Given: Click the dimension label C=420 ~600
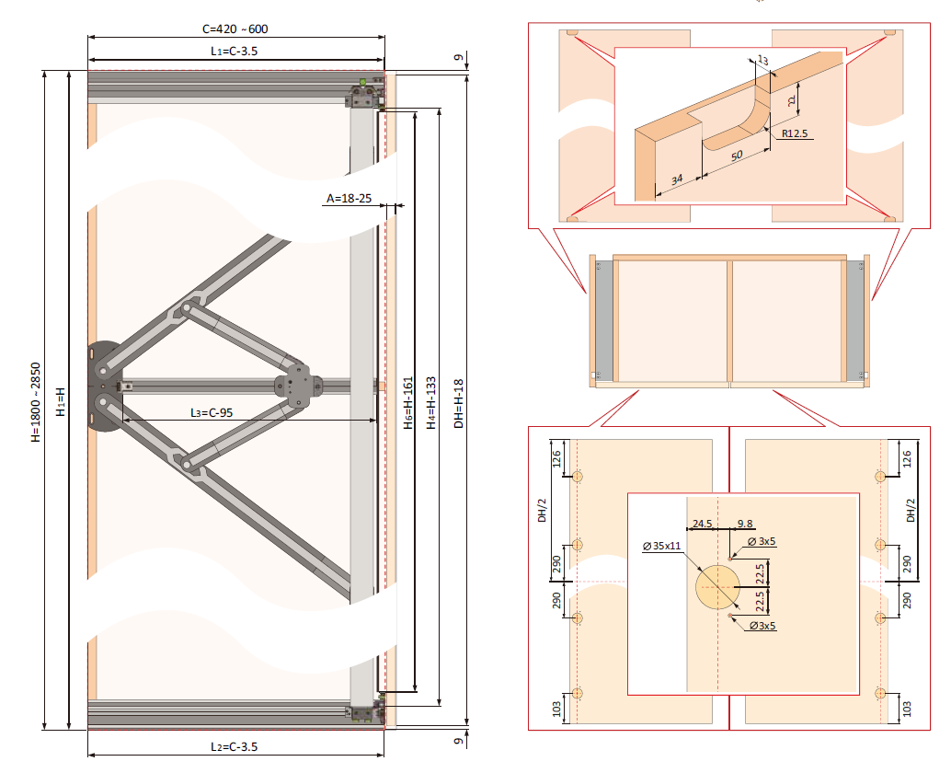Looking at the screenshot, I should (236, 29).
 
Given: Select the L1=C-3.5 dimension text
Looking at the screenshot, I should (235, 52).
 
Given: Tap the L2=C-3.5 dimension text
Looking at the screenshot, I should (235, 745).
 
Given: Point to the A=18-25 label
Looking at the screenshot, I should (349, 198).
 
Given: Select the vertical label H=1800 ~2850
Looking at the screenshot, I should (35, 401).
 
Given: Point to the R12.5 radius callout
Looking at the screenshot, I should (795, 133).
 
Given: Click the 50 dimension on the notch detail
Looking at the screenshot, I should (737, 156).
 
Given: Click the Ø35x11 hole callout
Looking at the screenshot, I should (662, 547).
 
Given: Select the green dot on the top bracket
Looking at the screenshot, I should (362, 83).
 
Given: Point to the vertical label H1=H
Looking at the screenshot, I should (59, 401).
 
